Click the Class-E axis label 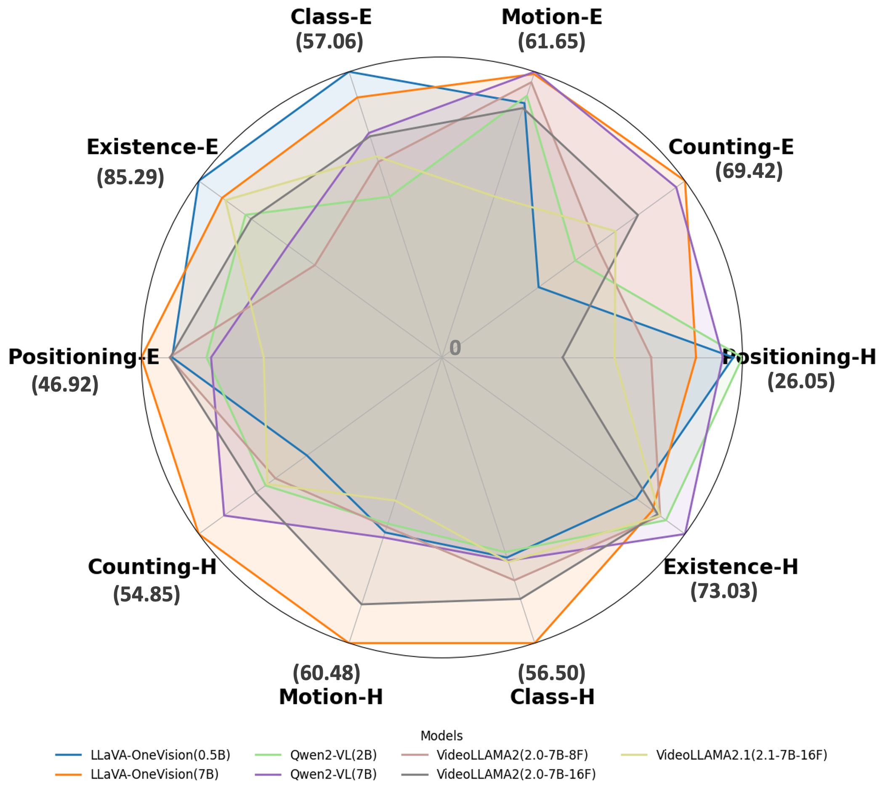(331, 17)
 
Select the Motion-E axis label (551, 17)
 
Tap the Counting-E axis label (731, 147)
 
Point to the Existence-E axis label (152, 147)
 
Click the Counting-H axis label (152, 567)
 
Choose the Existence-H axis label (731, 567)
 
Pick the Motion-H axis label (331, 697)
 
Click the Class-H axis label (552, 697)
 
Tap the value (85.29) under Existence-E (130, 177)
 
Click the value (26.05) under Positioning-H (801, 381)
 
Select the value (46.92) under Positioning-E (65, 385)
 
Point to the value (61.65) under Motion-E (551, 42)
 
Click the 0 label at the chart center (455, 348)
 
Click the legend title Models (441, 736)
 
